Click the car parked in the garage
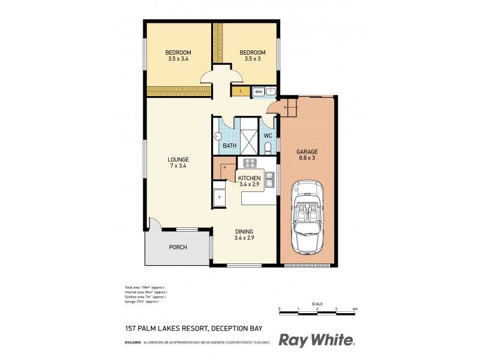307,218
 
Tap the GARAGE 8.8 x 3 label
307,155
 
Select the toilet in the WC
268,148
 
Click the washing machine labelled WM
258,92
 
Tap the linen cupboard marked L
241,91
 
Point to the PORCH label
177,247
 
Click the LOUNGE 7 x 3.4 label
178,163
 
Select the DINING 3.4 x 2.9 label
244,235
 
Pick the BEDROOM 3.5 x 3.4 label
178,56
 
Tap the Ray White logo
316,340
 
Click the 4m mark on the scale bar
355,309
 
